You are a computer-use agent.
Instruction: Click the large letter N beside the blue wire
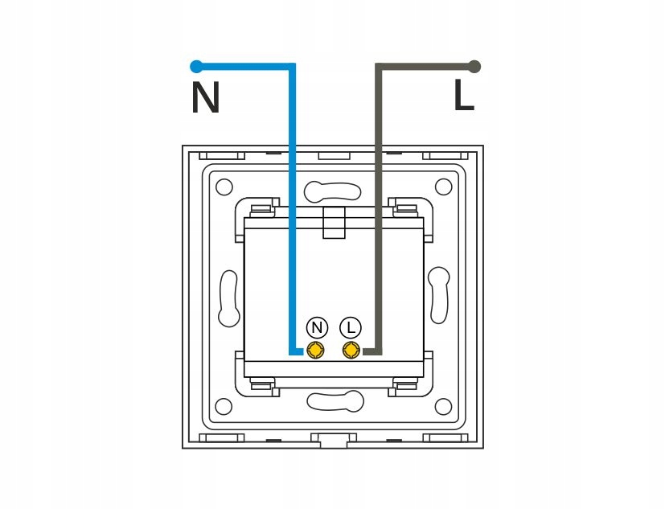(206, 98)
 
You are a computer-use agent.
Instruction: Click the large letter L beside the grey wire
(464, 96)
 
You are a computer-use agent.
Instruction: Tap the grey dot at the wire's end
(474, 66)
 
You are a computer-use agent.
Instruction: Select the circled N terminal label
(318, 327)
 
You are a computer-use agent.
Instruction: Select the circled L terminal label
(351, 327)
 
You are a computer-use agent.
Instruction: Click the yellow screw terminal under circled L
(351, 350)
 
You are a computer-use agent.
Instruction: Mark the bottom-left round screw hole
(224, 405)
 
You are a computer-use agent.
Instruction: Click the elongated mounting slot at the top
(332, 191)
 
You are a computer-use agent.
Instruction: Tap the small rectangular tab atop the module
(333, 222)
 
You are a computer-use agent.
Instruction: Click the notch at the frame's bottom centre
(333, 440)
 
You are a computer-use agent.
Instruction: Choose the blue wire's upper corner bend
(292, 67)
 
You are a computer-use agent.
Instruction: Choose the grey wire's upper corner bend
(379, 67)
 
